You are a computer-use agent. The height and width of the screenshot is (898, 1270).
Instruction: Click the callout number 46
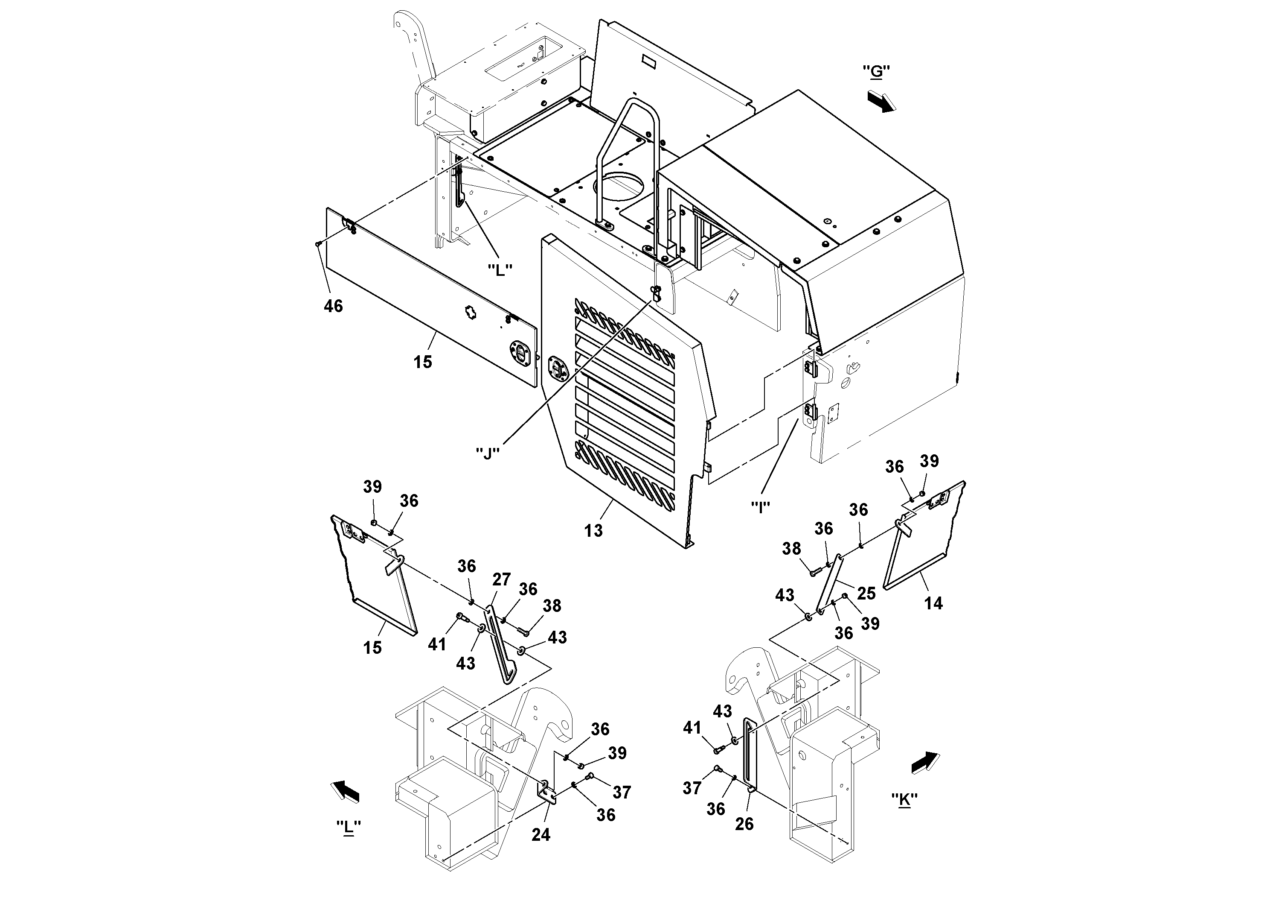[x=333, y=306]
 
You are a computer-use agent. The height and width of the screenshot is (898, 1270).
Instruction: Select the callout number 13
[x=593, y=530]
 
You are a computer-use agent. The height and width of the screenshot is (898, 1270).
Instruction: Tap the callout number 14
[x=933, y=603]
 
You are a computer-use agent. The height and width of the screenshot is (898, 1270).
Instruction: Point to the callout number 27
[x=501, y=579]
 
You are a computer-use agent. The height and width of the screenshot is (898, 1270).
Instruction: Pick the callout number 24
[x=541, y=834]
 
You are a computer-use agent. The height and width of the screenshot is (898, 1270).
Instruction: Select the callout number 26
[x=744, y=824]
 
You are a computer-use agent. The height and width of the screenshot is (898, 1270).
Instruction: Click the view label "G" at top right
[x=876, y=71]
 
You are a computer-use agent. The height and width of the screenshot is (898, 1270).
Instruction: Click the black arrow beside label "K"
[x=925, y=762]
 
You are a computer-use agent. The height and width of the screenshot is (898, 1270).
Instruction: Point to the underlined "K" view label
[x=904, y=799]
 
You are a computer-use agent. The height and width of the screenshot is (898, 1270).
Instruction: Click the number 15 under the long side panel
[x=423, y=362]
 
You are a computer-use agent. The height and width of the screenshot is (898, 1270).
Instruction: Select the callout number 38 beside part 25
[x=791, y=549]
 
